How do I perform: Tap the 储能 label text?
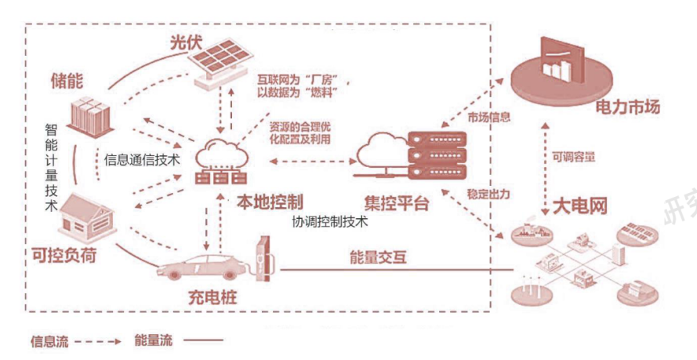tap(67, 81)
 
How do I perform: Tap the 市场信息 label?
tap(489, 118)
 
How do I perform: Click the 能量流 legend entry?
tap(153, 340)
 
